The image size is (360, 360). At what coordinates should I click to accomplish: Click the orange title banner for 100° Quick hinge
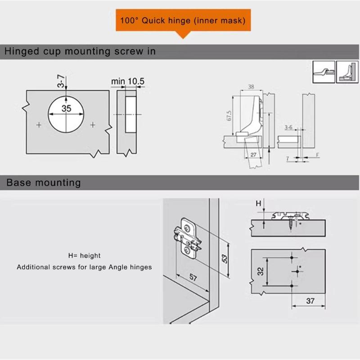pyautogui.click(x=182, y=21)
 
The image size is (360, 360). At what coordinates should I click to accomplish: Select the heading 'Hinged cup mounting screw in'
pyautogui.click(x=80, y=51)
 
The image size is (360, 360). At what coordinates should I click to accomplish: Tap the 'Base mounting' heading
pyautogui.click(x=44, y=183)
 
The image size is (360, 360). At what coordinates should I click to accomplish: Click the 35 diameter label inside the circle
pyautogui.click(x=67, y=108)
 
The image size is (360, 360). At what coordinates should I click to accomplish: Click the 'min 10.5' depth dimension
pyautogui.click(x=128, y=81)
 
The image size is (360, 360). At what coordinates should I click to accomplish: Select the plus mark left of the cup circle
pyautogui.click(x=39, y=125)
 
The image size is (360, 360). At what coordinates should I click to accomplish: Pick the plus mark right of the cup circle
pyautogui.click(x=93, y=125)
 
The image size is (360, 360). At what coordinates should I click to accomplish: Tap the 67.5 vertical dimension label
pyautogui.click(x=229, y=116)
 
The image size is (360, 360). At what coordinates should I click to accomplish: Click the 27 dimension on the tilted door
pyautogui.click(x=253, y=155)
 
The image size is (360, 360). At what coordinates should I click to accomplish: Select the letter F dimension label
pyautogui.click(x=318, y=155)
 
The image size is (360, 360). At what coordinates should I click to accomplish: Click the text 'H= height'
pyautogui.click(x=84, y=256)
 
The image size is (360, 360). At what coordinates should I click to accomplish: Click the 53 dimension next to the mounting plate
pyautogui.click(x=224, y=258)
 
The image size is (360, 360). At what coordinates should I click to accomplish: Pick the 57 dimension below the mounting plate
pyautogui.click(x=192, y=278)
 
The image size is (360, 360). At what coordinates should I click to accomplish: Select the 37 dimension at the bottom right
pyautogui.click(x=310, y=301)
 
